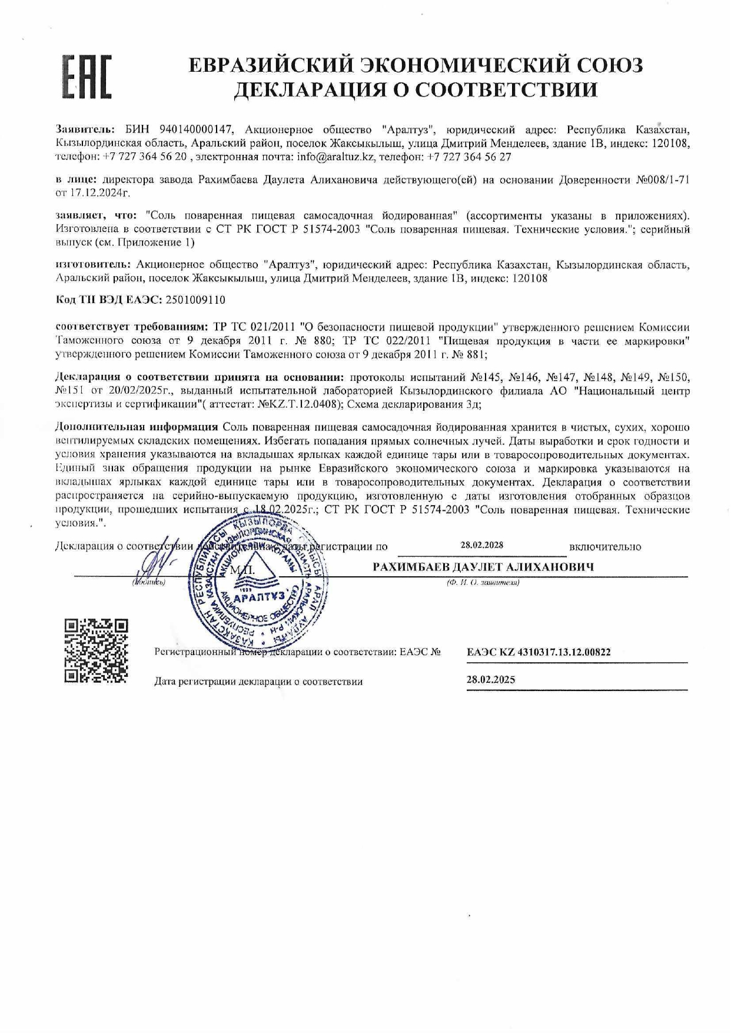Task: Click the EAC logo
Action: coord(87,77)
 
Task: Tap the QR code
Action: coord(95,650)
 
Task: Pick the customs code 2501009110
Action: coord(195,300)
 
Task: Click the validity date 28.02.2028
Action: coord(481,545)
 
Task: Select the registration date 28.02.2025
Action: coord(490,680)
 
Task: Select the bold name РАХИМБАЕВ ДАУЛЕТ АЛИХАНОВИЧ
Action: coord(483,567)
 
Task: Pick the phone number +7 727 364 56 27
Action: coord(469,157)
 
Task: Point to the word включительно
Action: coord(605,547)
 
